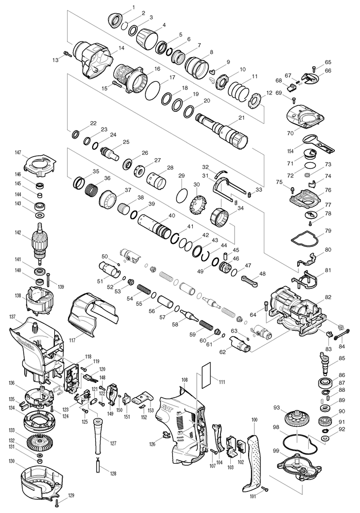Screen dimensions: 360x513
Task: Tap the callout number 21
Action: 242,118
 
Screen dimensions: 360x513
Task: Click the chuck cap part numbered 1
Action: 115,20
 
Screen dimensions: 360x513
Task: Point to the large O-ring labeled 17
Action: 153,89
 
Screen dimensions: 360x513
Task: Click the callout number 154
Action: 290,151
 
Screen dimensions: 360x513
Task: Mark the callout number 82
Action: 328,297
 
